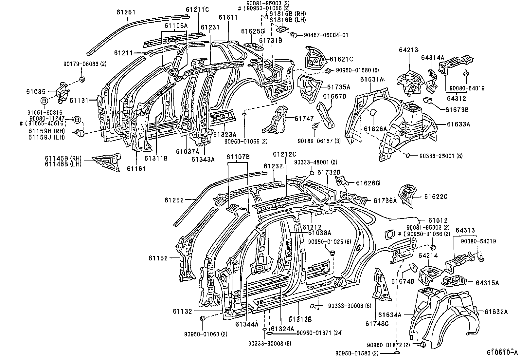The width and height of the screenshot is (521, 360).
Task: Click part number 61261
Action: [x=126, y=12]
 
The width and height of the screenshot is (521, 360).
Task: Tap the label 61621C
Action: [x=341, y=59]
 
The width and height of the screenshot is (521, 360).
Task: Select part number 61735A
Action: [x=339, y=87]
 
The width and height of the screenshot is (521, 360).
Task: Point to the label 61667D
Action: [x=334, y=96]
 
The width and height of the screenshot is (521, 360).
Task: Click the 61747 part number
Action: [x=304, y=119]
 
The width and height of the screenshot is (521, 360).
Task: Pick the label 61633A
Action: [x=458, y=124]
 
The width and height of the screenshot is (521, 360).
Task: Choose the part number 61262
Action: [x=174, y=200]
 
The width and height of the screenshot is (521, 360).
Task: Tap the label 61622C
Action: [x=436, y=197]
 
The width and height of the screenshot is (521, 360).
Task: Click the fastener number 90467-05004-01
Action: [x=326, y=35]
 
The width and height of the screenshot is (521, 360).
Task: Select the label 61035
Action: [x=36, y=91]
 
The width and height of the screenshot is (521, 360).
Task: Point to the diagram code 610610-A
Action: [x=502, y=352]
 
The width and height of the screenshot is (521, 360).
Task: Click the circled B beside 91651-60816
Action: [x=44, y=101]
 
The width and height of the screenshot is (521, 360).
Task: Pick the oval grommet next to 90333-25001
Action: [x=408, y=156]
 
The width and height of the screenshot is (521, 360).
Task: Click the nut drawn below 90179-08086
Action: [x=82, y=79]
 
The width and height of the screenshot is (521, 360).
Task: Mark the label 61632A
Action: [x=496, y=312]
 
